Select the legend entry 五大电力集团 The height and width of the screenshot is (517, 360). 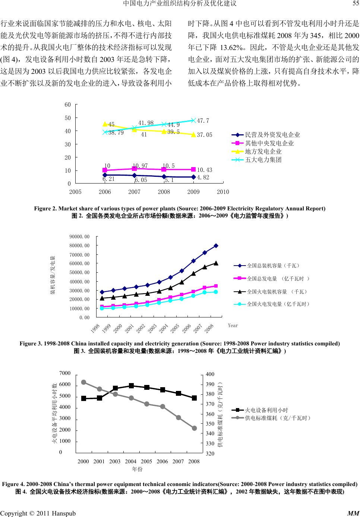[263, 160]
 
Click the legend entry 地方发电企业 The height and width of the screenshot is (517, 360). [263, 151]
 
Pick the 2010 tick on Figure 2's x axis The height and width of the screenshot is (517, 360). [223, 192]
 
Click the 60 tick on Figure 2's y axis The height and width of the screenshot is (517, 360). [67, 105]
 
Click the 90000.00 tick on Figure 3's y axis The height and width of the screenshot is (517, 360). [80, 237]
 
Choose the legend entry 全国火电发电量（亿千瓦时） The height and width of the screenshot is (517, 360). [278, 304]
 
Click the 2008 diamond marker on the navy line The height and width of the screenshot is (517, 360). [216, 246]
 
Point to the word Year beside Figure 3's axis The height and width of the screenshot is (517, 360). [233, 326]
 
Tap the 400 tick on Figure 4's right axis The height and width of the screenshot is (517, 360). [211, 374]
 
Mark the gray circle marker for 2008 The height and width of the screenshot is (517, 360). [195, 428]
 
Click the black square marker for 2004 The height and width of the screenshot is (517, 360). [131, 386]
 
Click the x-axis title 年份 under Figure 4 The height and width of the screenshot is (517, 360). [138, 469]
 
